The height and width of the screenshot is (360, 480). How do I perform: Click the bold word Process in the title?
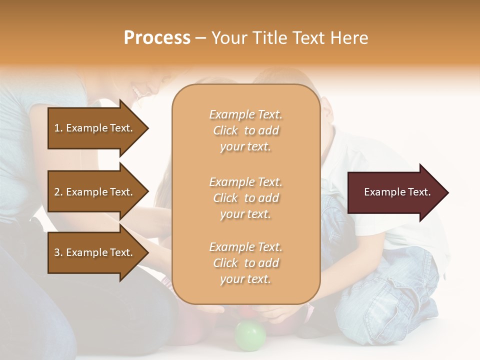tap(157, 38)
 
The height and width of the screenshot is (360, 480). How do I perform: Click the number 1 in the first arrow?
tap(57, 128)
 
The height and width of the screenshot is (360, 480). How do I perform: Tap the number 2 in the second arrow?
tap(57, 192)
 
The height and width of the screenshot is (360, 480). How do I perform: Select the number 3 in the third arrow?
tap(57, 252)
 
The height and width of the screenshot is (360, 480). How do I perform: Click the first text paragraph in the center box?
tap(245, 130)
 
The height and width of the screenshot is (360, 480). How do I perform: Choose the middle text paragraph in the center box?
tap(245, 198)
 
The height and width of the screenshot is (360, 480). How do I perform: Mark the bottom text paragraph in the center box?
tap(245, 263)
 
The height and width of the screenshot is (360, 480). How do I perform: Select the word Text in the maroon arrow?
tap(419, 192)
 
